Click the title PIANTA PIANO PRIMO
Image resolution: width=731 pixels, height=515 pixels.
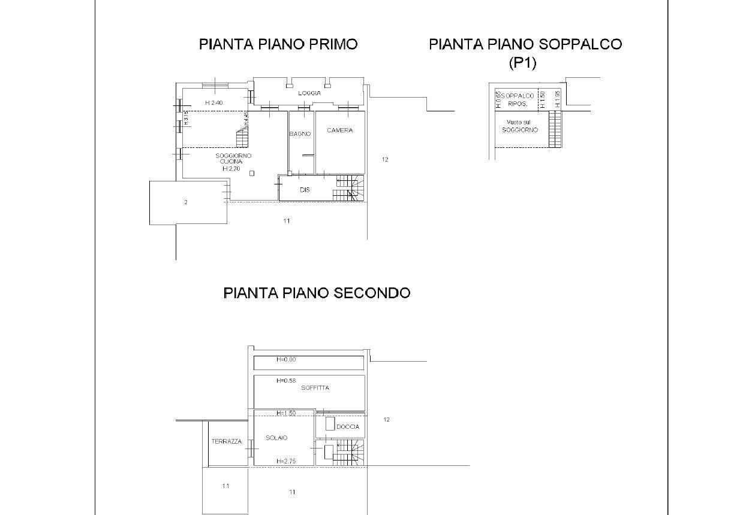click(278, 44)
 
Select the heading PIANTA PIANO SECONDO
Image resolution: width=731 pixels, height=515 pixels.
click(317, 293)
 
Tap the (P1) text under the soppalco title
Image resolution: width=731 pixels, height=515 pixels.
click(522, 62)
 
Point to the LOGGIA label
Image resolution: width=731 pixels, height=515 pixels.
click(309, 93)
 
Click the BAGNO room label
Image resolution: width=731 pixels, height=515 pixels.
click(300, 134)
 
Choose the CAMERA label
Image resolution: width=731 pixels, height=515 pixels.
click(339, 131)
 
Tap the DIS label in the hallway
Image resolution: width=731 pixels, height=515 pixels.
click(305, 190)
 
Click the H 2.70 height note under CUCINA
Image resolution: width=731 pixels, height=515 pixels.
click(231, 169)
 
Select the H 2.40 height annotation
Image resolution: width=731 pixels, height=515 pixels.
click(213, 103)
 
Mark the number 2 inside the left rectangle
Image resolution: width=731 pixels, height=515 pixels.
click(186, 202)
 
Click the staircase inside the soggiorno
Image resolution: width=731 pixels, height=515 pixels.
click(242, 139)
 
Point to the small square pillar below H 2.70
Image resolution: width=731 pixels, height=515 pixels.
click(252, 174)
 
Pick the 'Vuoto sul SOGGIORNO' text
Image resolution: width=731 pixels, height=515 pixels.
click(520, 126)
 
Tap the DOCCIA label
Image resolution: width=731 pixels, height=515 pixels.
click(348, 427)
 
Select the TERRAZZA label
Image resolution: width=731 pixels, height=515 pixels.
click(227, 442)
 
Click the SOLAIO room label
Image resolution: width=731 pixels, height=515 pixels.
click(276, 438)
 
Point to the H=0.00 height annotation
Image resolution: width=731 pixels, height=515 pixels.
click(286, 360)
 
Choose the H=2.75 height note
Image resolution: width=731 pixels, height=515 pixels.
click(286, 461)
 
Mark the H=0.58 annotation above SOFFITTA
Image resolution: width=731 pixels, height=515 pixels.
click(286, 380)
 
